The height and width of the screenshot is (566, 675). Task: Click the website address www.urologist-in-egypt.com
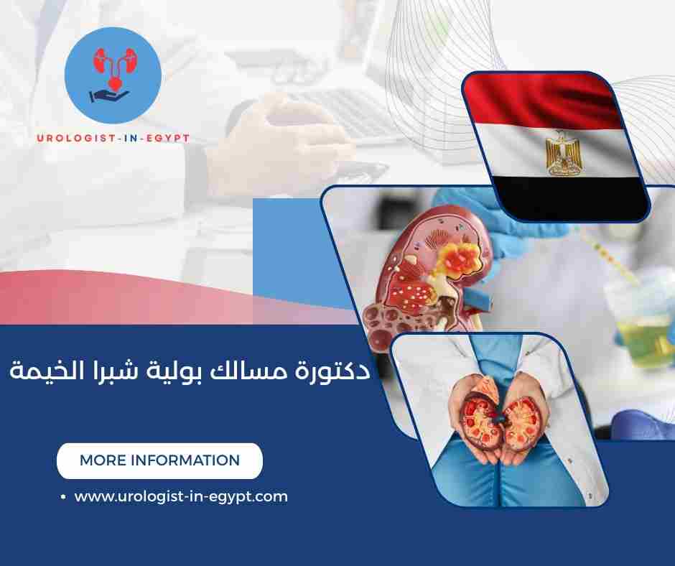point(181,496)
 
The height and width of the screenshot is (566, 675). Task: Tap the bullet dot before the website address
point(63,497)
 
